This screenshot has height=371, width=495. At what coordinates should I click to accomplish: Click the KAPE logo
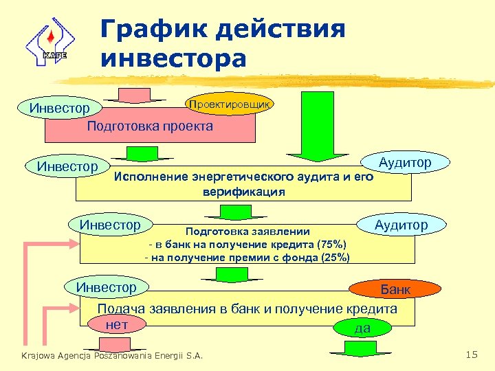click(x=47, y=43)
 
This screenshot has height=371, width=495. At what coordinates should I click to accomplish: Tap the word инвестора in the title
click(x=173, y=58)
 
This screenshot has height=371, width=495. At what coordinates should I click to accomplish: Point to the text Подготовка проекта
click(x=150, y=126)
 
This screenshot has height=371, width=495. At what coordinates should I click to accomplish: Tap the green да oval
click(x=362, y=328)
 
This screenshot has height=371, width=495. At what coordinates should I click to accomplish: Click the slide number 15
click(x=471, y=355)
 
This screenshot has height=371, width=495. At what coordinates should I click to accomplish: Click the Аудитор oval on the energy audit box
click(x=405, y=163)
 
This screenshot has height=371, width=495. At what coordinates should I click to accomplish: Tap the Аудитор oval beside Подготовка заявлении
click(x=401, y=225)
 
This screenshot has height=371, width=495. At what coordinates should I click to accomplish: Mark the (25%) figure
click(x=333, y=258)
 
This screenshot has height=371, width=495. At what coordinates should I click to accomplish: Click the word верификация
click(x=244, y=192)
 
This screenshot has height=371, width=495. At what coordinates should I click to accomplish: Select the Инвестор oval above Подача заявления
click(x=108, y=286)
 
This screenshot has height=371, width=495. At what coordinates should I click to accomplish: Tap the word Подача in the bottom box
click(x=120, y=309)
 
